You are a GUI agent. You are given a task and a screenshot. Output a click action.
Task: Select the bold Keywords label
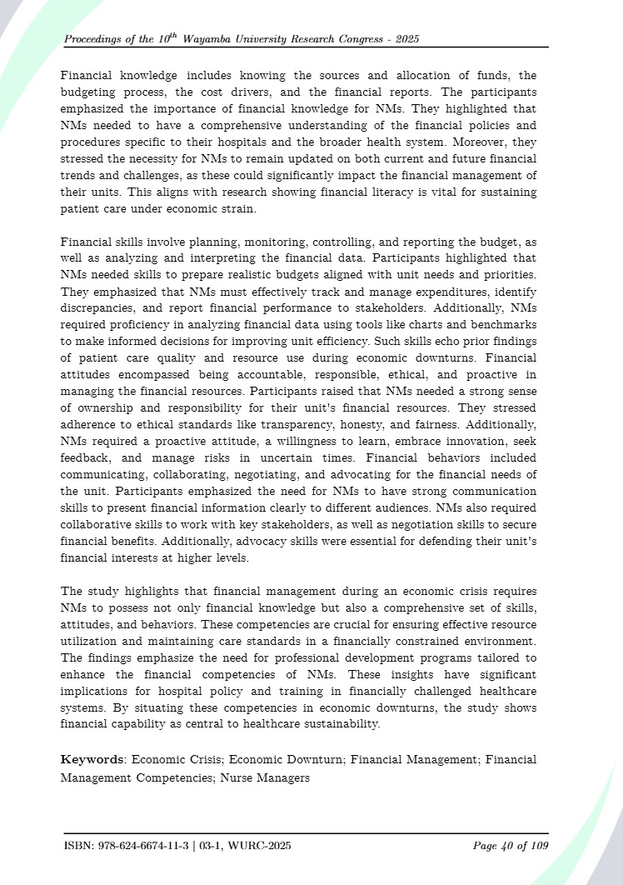92,759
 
